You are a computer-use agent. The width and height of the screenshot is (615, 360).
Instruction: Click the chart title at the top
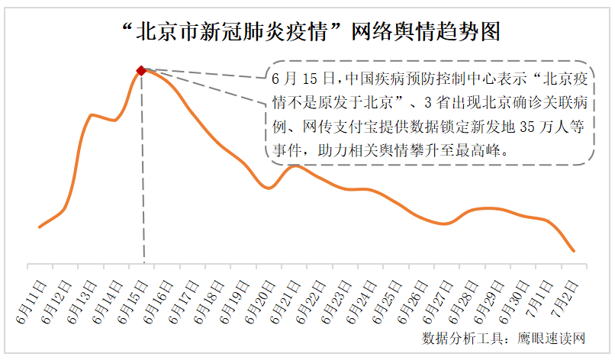[307, 32]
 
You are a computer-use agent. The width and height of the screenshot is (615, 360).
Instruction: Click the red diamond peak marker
[141, 70]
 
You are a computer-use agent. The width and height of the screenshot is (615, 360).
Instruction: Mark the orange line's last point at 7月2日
[573, 250]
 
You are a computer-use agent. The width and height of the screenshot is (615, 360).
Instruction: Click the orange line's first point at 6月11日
[40, 227]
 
